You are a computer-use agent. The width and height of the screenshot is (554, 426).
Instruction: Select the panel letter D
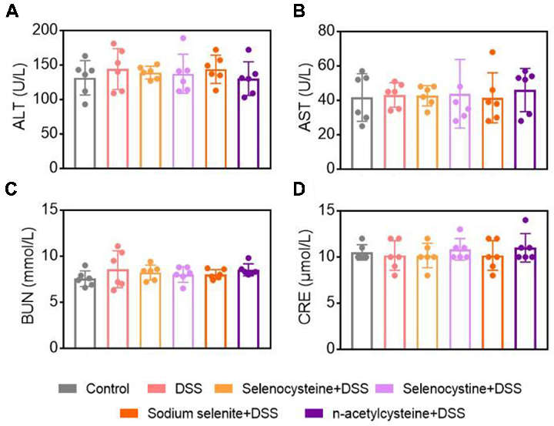click(288, 191)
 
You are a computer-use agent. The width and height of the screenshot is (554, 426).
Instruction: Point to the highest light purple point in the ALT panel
click(183, 38)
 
